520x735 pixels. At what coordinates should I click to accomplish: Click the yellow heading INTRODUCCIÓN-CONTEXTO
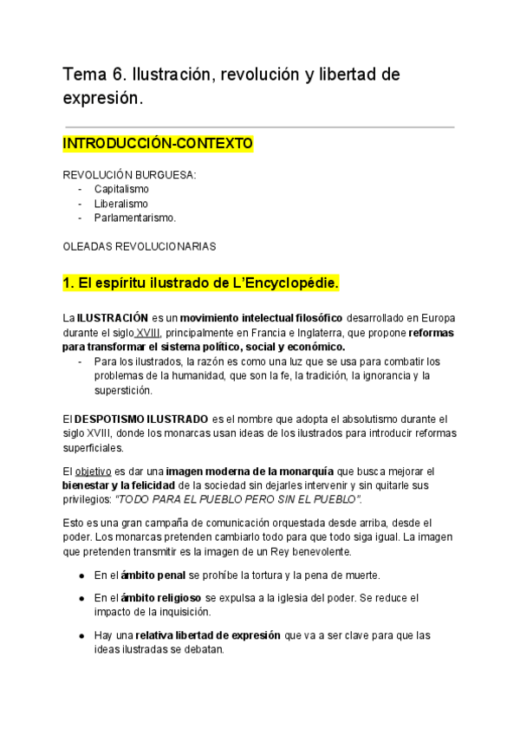[157, 142]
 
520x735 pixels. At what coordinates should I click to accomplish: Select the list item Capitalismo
[121, 189]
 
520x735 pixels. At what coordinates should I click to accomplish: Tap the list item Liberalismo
[120, 204]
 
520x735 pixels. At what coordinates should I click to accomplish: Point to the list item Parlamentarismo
[134, 218]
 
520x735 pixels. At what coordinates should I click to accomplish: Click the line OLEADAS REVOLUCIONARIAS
[140, 246]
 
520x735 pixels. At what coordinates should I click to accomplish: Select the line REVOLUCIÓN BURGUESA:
[130, 174]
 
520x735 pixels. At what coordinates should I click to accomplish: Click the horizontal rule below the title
[258, 127]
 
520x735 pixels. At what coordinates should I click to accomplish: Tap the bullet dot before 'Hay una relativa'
[81, 635]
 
